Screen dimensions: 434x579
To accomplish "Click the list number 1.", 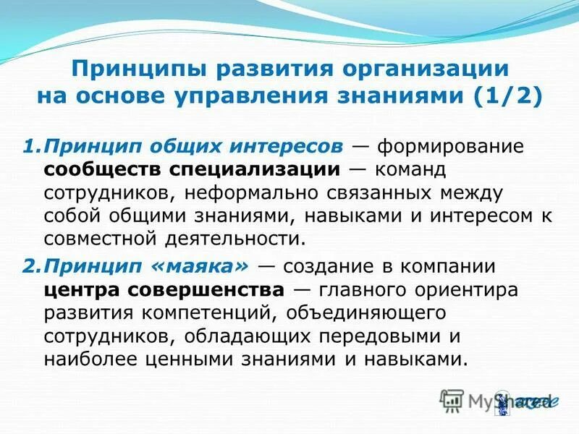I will (x=28, y=147).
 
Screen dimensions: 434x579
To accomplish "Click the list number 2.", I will (x=28, y=265).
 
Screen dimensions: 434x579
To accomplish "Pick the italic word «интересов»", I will (x=290, y=147).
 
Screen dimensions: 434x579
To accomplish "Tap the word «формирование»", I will (x=441, y=147).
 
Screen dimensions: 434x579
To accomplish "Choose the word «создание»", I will (x=326, y=265).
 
